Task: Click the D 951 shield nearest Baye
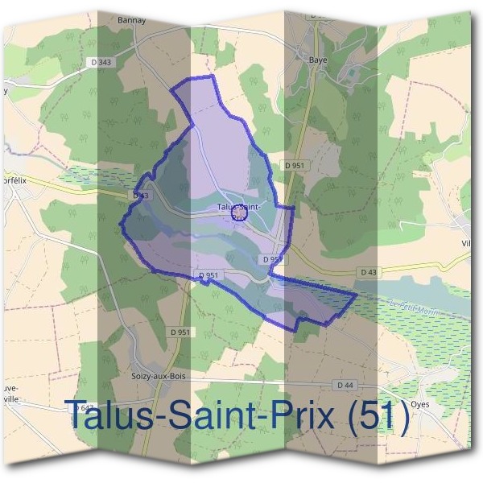(295, 165)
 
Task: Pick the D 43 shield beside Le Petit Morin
(369, 273)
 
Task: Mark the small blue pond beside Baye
(350, 75)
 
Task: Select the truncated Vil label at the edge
(465, 243)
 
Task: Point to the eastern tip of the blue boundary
(356, 295)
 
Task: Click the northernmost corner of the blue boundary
(212, 76)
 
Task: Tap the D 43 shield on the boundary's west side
(140, 196)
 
